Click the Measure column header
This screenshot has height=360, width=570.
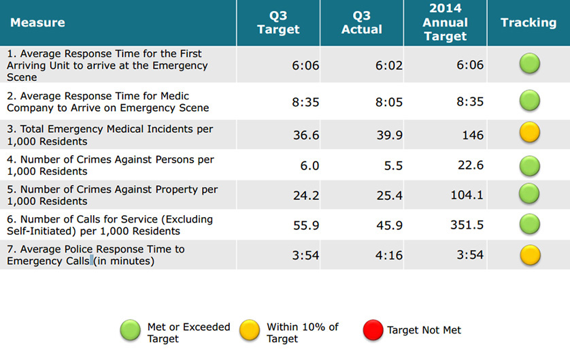coord(37,22)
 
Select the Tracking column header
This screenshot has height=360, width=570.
coord(529,22)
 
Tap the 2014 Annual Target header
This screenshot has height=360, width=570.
coord(446,22)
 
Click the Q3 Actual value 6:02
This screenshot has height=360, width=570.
coord(389,65)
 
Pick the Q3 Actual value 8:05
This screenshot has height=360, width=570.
coord(389,102)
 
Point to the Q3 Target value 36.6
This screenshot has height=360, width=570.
coord(307,135)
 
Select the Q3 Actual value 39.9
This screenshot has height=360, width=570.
coord(390,135)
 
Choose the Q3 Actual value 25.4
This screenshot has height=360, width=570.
coord(390,196)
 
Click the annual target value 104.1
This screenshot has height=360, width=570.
coord(467,196)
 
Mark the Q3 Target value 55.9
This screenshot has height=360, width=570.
coord(307,225)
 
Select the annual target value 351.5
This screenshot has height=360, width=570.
coord(467,225)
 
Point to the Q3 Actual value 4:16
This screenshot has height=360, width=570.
coord(390,255)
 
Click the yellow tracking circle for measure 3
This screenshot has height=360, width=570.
coord(530,133)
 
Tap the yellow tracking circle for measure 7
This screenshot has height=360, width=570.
coord(530,255)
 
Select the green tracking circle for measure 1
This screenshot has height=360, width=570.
coord(530,65)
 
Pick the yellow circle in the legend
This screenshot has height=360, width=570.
coord(250,330)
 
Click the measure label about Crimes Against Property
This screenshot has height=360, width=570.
coord(112,195)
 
